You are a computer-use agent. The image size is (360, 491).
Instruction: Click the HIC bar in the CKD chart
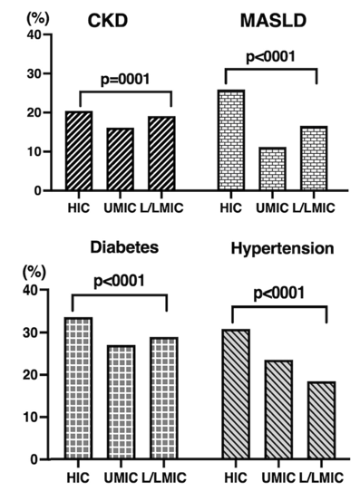pyautogui.click(x=79, y=150)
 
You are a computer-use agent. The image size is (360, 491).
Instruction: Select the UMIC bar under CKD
pyautogui.click(x=121, y=159)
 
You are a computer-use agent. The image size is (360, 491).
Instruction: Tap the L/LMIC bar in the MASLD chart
pyautogui.click(x=314, y=159)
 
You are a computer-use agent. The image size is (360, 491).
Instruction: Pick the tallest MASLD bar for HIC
pyautogui.click(x=231, y=140)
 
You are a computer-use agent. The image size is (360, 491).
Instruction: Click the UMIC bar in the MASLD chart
pyautogui.click(x=273, y=168)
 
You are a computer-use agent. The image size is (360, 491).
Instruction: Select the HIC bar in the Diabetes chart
pyautogui.click(x=78, y=389)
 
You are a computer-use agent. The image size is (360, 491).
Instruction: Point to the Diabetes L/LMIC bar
pyautogui.click(x=164, y=399)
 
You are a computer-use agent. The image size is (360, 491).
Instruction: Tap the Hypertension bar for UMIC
pyautogui.click(x=278, y=409)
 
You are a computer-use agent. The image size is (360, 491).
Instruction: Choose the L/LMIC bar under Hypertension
pyautogui.click(x=322, y=420)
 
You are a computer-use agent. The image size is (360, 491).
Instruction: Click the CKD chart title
pyautogui.click(x=108, y=22)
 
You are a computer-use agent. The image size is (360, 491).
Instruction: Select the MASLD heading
pyautogui.click(x=273, y=22)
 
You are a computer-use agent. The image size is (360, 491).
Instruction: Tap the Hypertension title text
pyautogui.click(x=282, y=249)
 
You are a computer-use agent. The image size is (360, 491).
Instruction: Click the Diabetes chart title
pyautogui.click(x=124, y=247)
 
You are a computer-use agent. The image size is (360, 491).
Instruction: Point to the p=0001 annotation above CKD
pyautogui.click(x=125, y=79)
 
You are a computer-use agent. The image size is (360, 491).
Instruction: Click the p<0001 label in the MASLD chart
pyautogui.click(x=271, y=57)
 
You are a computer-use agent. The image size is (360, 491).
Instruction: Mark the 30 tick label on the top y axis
pyautogui.click(x=34, y=73)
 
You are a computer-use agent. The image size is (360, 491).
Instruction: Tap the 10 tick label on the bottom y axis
pyautogui.click(x=31, y=417)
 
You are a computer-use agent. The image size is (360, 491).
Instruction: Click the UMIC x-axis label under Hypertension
pyautogui.click(x=278, y=477)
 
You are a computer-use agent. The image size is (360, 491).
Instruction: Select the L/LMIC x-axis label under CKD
pyautogui.click(x=161, y=208)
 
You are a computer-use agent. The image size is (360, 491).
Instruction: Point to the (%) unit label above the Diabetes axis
pyautogui.click(x=34, y=273)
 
